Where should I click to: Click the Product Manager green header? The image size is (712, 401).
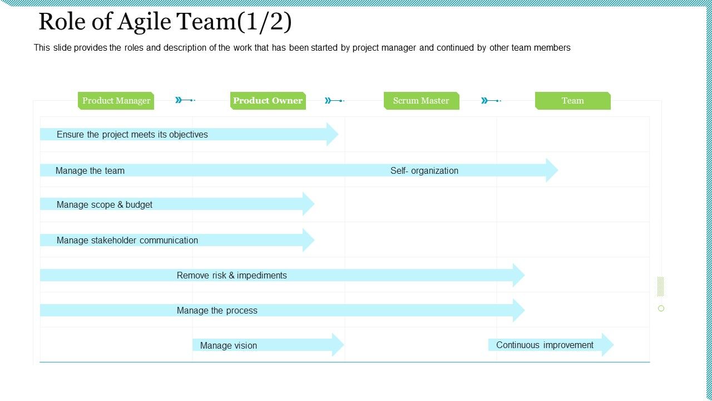116,101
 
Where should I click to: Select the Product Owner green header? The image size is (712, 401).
268,101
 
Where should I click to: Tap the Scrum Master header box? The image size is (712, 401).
421,101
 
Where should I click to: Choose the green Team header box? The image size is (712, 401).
572,101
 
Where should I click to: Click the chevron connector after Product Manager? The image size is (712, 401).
185,100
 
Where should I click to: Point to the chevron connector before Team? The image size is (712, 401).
491,100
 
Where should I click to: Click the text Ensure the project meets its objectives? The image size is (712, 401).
132,134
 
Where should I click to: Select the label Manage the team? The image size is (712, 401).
90,170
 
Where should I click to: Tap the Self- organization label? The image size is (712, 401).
424,170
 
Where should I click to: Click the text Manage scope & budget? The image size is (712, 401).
104,204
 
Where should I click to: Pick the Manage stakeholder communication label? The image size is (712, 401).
127,240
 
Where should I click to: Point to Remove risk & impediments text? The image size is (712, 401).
231,275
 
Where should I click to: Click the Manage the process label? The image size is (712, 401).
217,310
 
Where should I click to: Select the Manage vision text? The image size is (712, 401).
228,345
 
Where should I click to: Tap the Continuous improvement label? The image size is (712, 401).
545,345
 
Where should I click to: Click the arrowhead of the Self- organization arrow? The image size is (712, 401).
551,170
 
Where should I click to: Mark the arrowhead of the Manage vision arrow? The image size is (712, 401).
338,345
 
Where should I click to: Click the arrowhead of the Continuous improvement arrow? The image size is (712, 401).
607,345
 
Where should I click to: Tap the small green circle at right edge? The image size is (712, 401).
661,308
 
